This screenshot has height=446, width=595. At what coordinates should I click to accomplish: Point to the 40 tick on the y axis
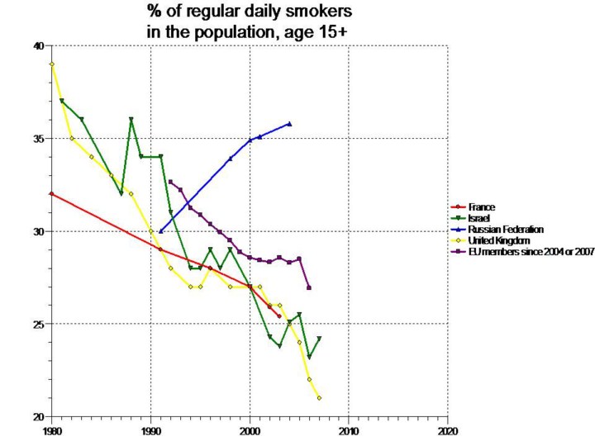pos(39,46)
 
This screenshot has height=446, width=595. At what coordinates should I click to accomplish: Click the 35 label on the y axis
pos(39,139)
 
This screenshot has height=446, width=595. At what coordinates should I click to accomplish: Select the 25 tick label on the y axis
pos(39,324)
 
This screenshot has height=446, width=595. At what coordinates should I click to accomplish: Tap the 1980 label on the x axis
pos(51,430)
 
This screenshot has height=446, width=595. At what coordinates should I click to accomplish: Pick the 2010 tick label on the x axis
pos(349,430)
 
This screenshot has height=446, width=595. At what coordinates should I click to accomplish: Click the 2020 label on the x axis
pos(448,430)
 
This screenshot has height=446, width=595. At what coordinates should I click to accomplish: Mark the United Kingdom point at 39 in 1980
pos(52,64)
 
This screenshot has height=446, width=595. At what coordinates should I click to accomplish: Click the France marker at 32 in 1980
pos(52,194)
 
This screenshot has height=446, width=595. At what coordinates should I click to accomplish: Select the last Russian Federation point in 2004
pos(289,124)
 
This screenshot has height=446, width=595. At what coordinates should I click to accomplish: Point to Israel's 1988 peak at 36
pos(131,120)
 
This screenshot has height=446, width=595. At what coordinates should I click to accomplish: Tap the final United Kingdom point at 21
pos(319,398)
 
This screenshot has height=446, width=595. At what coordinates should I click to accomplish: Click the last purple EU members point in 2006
pos(309,287)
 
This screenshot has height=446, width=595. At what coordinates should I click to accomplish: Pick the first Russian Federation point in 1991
pos(161,231)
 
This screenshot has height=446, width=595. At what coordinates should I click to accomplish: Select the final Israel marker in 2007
pos(319,339)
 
